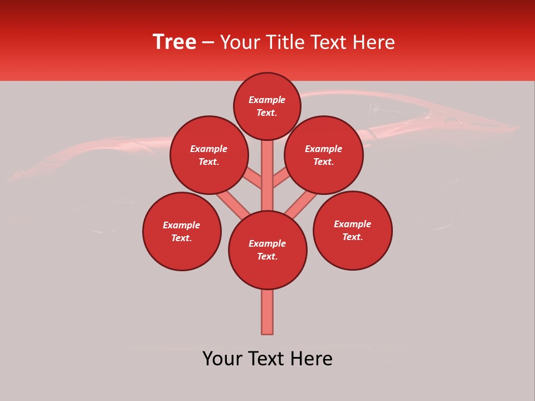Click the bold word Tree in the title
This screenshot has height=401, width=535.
coord(174,42)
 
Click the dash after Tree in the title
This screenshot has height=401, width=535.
coord(208,43)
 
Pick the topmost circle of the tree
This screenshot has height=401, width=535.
coord(267,106)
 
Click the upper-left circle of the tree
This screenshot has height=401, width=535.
coord(209,155)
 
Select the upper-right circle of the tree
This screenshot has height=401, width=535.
coord(324,155)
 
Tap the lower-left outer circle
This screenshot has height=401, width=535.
coord(182,231)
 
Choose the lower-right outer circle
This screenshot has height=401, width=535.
coord(352,230)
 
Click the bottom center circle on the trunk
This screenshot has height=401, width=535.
coord(267,250)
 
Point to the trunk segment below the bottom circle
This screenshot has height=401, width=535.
coord(267,312)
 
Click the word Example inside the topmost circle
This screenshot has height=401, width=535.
coord(267,100)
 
